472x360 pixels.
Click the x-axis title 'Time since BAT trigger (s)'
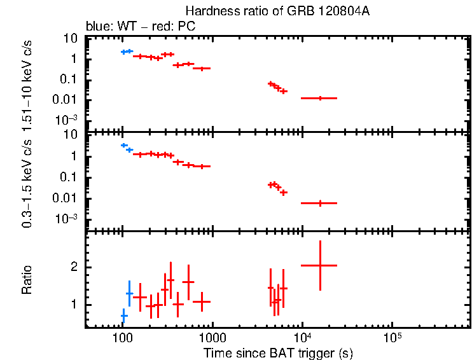[277, 352]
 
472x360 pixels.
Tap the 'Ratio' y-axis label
[27, 280]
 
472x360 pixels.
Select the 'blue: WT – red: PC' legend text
[141, 27]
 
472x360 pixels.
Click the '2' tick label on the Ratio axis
[74, 267]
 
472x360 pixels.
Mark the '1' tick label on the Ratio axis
[74, 305]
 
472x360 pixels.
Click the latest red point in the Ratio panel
[319, 265]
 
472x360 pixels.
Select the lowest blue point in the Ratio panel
[124, 315]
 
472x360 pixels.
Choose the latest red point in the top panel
[319, 98]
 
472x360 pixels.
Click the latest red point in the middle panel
[319, 203]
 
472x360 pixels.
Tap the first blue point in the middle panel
[124, 146]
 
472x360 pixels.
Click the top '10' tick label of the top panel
[71, 39]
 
